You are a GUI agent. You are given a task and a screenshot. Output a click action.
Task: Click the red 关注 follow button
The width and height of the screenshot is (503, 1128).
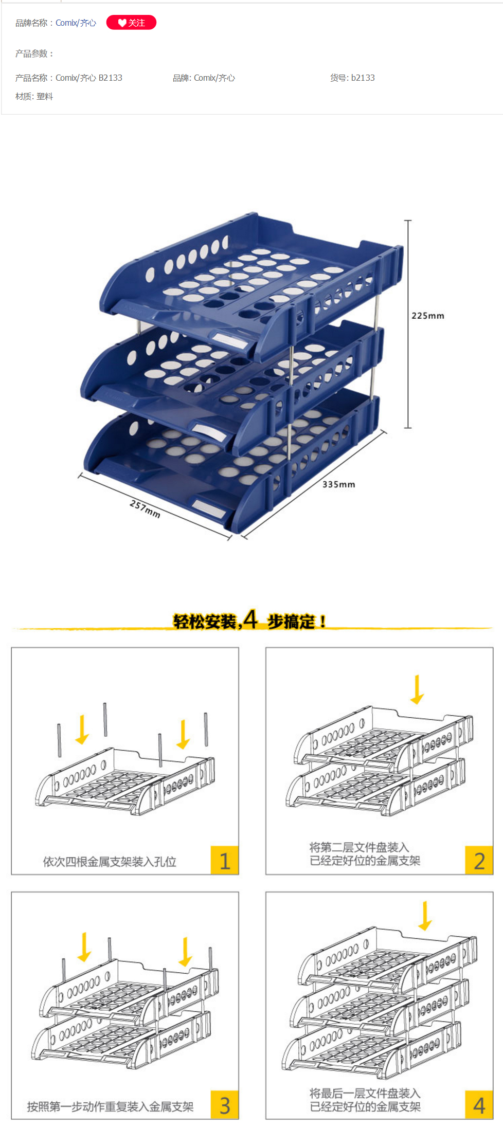click(x=131, y=23)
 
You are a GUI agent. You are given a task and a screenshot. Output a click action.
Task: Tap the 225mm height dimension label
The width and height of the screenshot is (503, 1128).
click(x=427, y=316)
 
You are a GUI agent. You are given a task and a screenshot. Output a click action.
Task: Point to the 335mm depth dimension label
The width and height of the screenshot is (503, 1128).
click(x=338, y=484)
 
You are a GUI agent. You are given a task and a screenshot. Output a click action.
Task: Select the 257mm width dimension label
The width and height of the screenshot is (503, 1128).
click(x=145, y=509)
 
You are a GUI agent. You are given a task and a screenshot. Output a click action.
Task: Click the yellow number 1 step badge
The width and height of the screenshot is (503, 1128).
click(x=225, y=860)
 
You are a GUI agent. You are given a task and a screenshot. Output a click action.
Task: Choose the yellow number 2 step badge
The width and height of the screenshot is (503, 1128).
click(x=479, y=860)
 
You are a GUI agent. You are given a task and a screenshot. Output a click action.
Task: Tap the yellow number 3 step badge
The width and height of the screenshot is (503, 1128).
click(x=225, y=1105)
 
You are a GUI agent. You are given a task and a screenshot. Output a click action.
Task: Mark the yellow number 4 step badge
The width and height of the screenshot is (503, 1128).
click(x=479, y=1105)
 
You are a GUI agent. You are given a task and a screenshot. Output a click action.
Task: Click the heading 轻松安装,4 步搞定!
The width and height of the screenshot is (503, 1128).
click(x=249, y=621)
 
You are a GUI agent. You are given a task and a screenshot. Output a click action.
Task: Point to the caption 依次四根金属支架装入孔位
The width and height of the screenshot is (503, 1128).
click(x=110, y=862)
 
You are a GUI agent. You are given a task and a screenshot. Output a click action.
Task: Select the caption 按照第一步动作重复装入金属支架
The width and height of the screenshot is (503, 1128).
click(x=110, y=1106)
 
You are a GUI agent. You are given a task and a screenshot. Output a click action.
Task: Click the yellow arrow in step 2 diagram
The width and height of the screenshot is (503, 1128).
click(x=417, y=689)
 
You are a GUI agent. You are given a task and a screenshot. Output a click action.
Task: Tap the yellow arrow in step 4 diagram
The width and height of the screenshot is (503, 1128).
click(x=425, y=916)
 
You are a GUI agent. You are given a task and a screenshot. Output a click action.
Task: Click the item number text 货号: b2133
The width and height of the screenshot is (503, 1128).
click(x=352, y=78)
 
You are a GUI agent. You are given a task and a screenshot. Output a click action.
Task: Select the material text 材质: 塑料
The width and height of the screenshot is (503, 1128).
click(x=34, y=96)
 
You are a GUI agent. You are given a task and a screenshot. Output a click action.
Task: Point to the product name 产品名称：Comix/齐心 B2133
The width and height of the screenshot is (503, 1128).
click(x=68, y=78)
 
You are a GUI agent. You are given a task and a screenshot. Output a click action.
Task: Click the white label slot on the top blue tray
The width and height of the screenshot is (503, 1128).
click(x=229, y=340)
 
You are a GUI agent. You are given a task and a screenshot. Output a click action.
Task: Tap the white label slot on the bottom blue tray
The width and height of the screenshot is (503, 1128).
click(x=209, y=509)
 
